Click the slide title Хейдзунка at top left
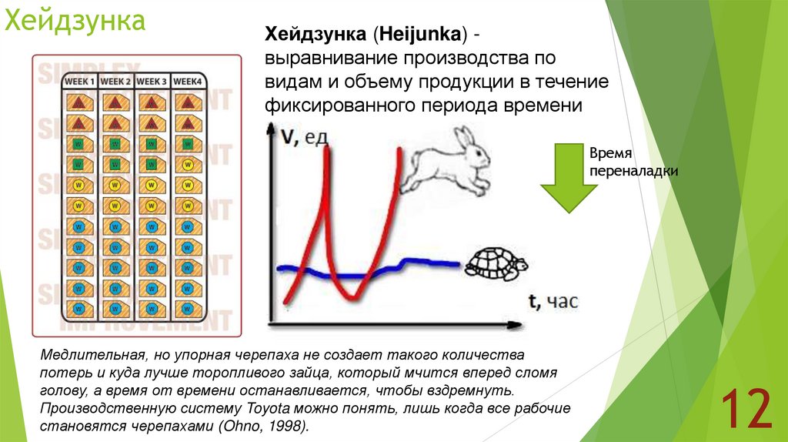pyautogui.click(x=75, y=21)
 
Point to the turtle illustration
pyautogui.click(x=496, y=264)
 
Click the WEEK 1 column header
pyautogui.click(x=79, y=81)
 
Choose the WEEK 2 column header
pyautogui.click(x=116, y=81)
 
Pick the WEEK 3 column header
pyautogui.click(x=152, y=81)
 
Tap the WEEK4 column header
pyautogui.click(x=188, y=81)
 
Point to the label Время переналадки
pyautogui.click(x=633, y=162)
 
